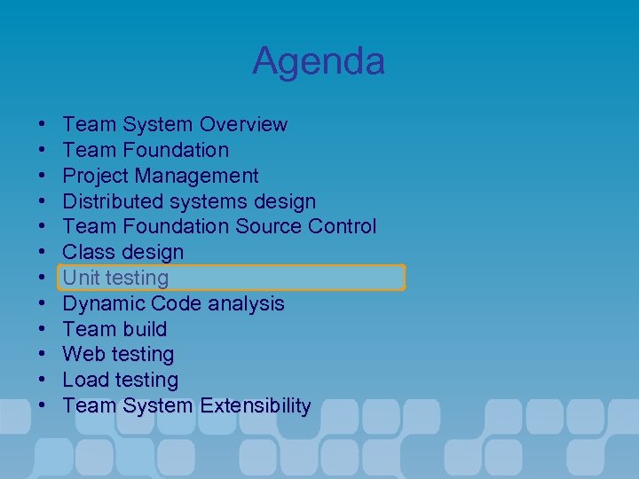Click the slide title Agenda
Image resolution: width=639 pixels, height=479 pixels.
point(319,61)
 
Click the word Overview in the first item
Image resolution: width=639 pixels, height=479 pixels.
point(243,124)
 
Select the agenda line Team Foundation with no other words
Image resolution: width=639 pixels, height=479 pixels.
point(146,150)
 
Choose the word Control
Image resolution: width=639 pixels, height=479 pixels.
point(342,227)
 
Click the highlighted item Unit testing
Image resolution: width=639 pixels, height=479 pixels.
point(115,278)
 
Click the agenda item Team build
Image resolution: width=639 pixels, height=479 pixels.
point(114,329)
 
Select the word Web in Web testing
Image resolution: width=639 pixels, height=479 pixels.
point(83,355)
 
